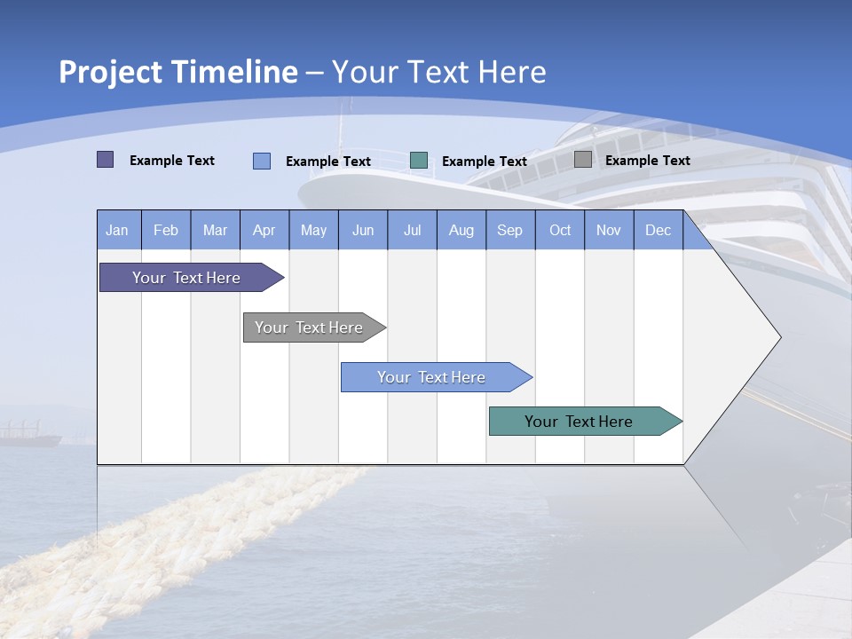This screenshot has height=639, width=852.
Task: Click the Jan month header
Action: pyautogui.click(x=118, y=230)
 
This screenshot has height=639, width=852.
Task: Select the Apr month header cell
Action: pyautogui.click(x=264, y=230)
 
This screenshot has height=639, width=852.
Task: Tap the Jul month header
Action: pyautogui.click(x=412, y=230)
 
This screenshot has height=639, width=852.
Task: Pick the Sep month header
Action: pyautogui.click(x=510, y=230)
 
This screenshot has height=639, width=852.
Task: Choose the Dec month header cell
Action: pyautogui.click(x=658, y=230)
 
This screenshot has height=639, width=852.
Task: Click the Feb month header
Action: pyautogui.click(x=166, y=230)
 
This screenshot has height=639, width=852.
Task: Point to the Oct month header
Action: pyautogui.click(x=560, y=230)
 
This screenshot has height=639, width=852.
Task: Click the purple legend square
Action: pyautogui.click(x=106, y=160)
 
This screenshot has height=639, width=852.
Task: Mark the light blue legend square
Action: pyautogui.click(x=262, y=161)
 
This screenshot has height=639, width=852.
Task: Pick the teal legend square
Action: pyautogui.click(x=419, y=161)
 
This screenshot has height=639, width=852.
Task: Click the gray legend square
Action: pyautogui.click(x=583, y=160)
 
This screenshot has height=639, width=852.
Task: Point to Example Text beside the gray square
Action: pyautogui.click(x=647, y=161)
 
